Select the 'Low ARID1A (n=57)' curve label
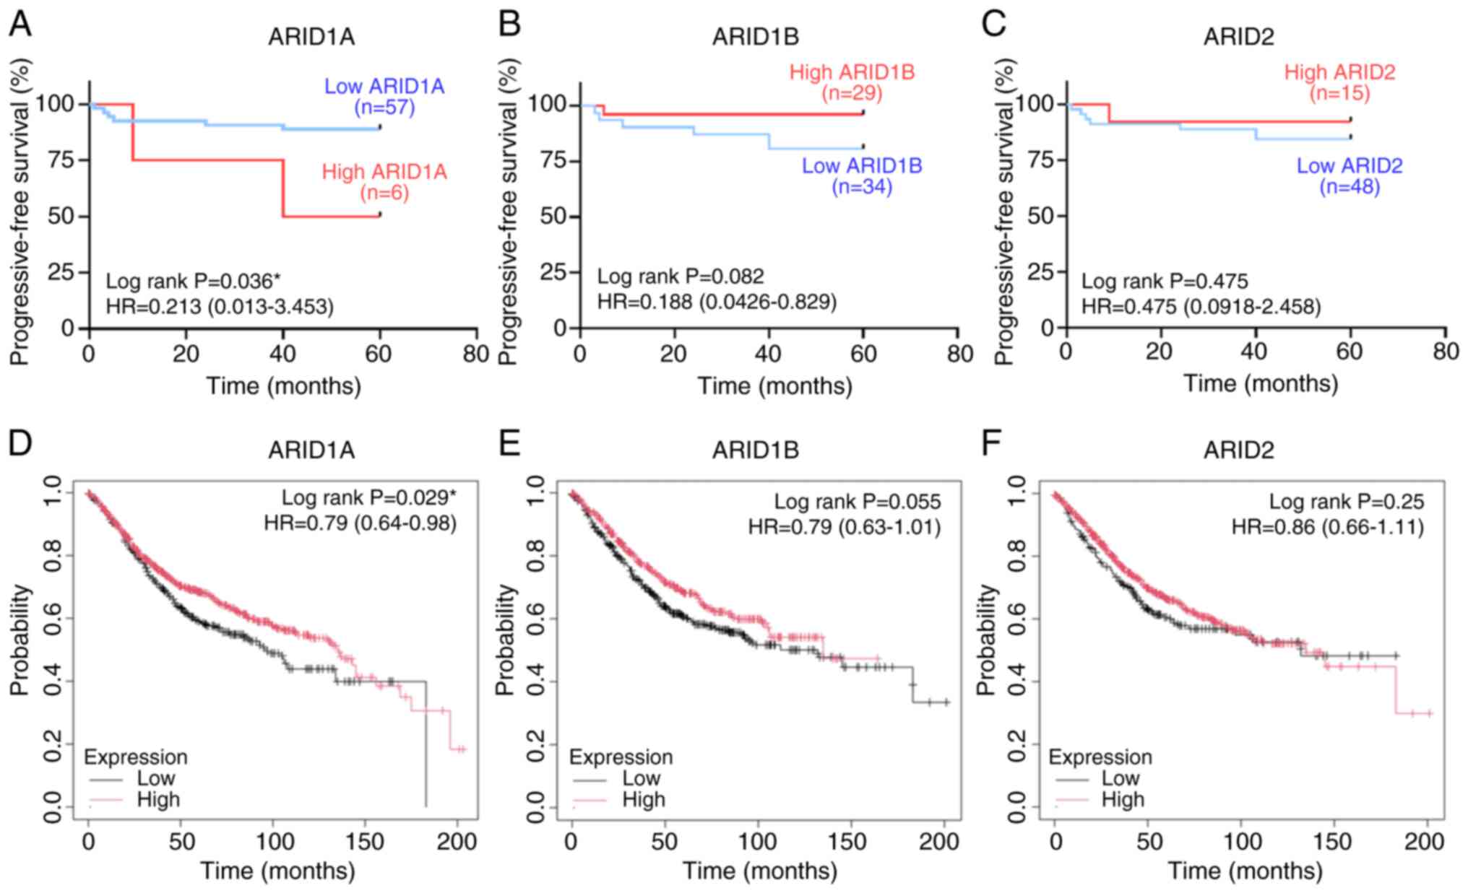point(384,97)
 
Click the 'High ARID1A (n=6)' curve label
point(384,182)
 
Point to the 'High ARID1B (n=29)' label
point(852,82)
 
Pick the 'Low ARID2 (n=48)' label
point(1350,176)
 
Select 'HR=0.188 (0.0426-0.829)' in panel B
point(717,301)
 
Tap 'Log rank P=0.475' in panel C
point(1165,281)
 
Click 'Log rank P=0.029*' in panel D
point(369,497)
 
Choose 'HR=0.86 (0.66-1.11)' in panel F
point(1328,527)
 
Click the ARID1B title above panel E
point(756,450)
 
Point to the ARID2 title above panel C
point(1239,36)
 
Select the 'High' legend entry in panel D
point(158,799)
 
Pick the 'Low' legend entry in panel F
point(1121,777)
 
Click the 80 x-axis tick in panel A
point(476,354)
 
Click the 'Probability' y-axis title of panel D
point(21,640)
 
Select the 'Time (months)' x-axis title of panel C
point(1261,383)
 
